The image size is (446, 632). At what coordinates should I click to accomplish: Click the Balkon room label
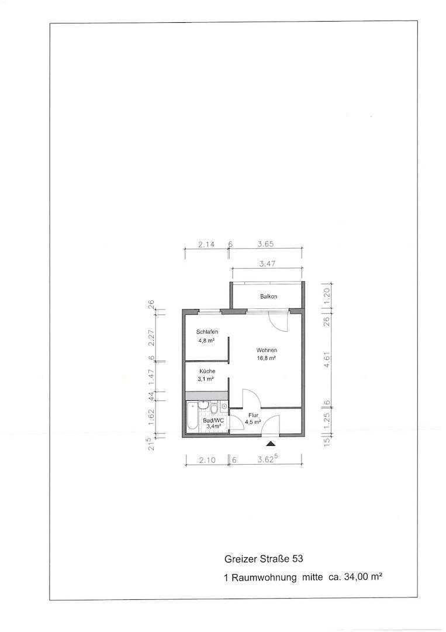pyautogui.click(x=268, y=296)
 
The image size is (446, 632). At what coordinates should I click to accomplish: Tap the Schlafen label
pyautogui.click(x=208, y=332)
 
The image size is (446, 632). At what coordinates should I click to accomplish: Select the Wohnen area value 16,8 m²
pyautogui.click(x=267, y=358)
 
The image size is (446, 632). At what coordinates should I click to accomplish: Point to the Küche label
pyautogui.click(x=208, y=371)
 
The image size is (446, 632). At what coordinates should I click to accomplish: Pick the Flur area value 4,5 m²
pyautogui.click(x=253, y=422)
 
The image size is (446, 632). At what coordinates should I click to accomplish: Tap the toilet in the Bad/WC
pyautogui.click(x=213, y=408)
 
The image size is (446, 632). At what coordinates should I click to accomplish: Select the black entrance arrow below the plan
pyautogui.click(x=271, y=444)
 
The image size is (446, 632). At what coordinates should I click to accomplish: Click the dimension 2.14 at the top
pyautogui.click(x=206, y=244)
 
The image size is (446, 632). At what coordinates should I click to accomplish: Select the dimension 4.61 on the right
pyautogui.click(x=327, y=359)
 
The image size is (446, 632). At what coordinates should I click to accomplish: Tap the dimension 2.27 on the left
pyautogui.click(x=151, y=338)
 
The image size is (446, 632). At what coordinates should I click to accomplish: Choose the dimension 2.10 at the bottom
pyautogui.click(x=208, y=460)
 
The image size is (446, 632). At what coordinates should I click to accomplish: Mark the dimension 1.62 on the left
pyautogui.click(x=151, y=417)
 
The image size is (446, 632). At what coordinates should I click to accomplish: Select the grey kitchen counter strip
pyautogui.click(x=206, y=395)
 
